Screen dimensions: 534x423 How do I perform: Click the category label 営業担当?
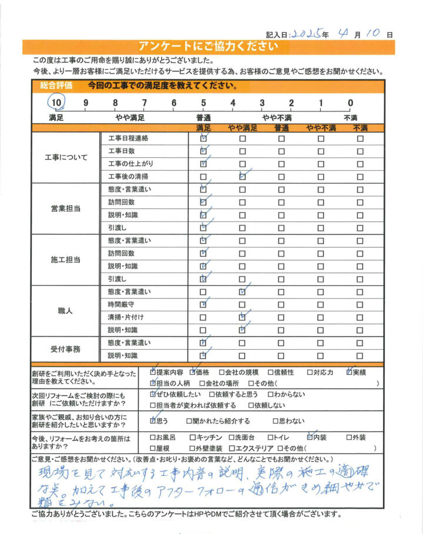[66, 208]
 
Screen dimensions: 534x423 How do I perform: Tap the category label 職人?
[66, 310]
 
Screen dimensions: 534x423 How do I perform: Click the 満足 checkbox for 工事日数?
[203, 151]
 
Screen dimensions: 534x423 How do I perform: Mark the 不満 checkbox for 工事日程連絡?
[360, 139]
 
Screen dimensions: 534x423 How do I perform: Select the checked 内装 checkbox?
[310, 437]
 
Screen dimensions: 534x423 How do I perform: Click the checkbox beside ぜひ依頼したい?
[153, 394]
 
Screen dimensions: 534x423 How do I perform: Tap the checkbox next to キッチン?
[193, 437]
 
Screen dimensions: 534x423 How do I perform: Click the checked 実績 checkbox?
[350, 371]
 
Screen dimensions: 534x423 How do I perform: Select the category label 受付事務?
[66, 349]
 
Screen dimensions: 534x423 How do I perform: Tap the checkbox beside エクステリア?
[240, 448]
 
